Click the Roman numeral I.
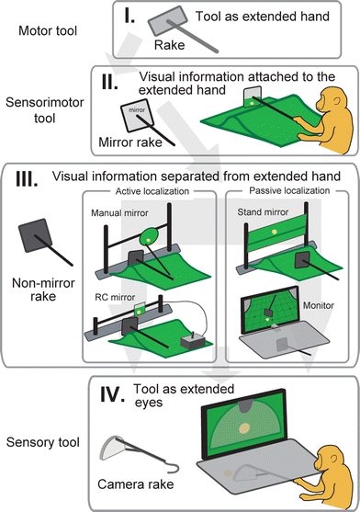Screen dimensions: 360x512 [x=129, y=17]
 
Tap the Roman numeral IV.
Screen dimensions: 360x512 [x=112, y=394]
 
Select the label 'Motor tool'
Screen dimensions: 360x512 [x=48, y=30]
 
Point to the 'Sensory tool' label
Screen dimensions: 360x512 [x=43, y=442]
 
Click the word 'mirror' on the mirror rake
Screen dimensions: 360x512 [x=137, y=110]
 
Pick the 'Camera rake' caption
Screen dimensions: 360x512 [x=135, y=484]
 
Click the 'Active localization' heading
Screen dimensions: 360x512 [x=152, y=191]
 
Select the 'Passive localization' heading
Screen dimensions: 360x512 [x=289, y=190]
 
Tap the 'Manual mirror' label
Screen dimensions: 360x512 [x=119, y=213]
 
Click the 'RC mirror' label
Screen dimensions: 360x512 [x=115, y=297]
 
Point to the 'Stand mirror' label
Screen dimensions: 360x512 [x=263, y=212]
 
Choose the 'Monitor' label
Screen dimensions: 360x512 [x=319, y=305]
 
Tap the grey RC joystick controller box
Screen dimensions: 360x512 [x=193, y=342]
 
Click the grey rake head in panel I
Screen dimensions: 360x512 [x=168, y=21]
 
